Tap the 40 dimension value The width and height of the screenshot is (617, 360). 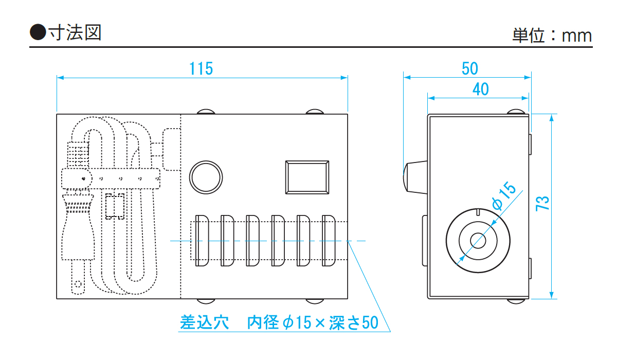(480, 89)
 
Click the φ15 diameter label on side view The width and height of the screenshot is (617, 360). (503, 196)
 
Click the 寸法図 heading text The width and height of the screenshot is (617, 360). (75, 32)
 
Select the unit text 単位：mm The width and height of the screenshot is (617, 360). (552, 35)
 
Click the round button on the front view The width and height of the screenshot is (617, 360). (206, 176)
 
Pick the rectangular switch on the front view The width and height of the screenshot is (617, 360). (307, 177)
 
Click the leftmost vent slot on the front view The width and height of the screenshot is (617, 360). (202, 241)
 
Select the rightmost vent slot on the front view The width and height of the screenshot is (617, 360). (329, 241)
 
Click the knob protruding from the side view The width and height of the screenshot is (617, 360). (414, 176)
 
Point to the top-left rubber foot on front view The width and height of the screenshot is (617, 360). (206, 112)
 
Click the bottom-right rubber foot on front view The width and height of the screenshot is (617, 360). (315, 301)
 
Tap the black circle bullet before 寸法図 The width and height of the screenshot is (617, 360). (38, 32)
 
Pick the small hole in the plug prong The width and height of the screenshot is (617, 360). (78, 283)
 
